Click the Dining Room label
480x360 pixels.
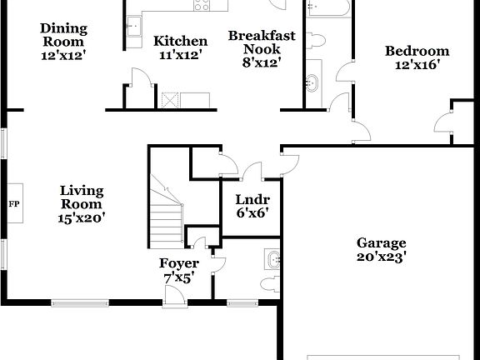63,35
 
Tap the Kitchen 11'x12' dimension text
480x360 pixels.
180,54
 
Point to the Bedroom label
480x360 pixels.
417,51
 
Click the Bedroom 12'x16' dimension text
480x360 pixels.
417,63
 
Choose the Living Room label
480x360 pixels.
81,197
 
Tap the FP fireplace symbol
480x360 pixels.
14,203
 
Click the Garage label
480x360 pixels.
381,243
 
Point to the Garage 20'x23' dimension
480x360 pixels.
381,257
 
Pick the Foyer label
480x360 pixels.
179,264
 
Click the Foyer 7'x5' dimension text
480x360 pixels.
179,278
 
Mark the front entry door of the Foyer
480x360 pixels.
176,296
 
